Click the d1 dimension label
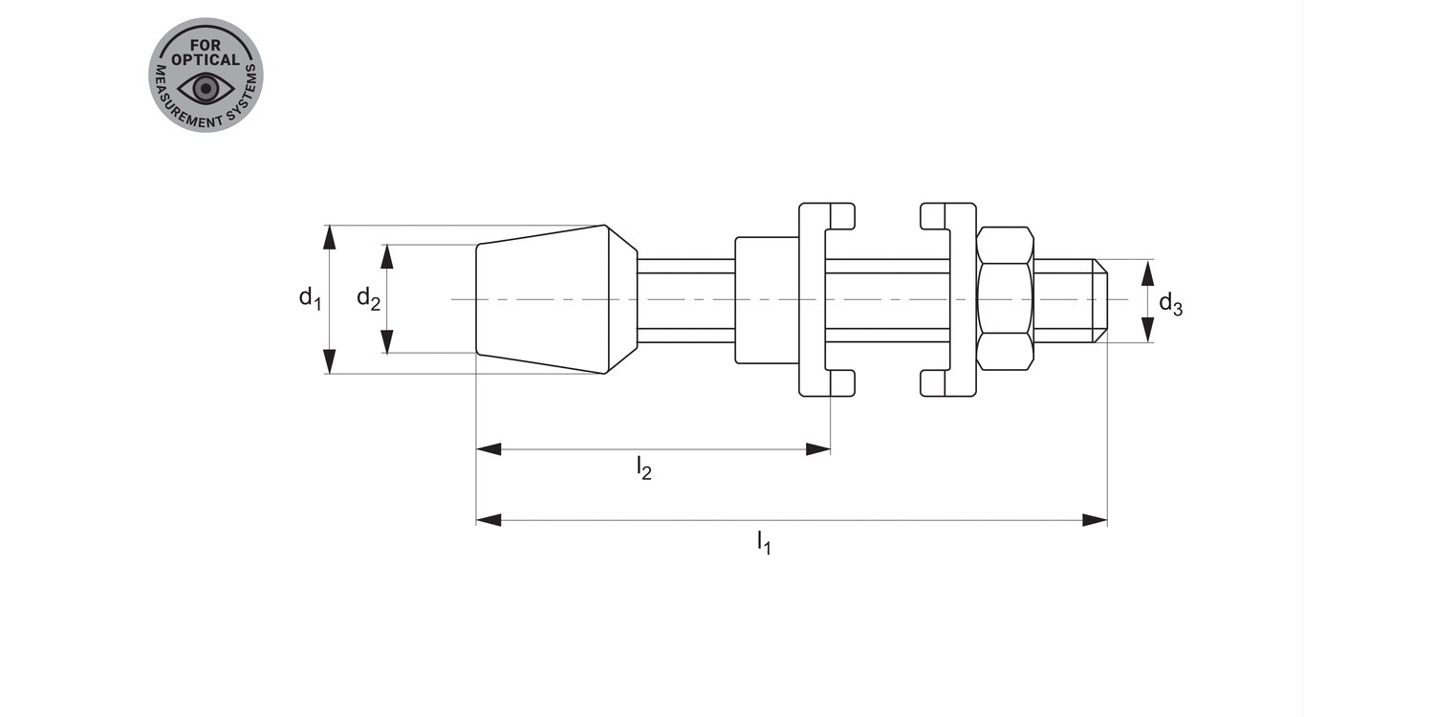pos(311,298)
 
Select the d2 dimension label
pos(368,298)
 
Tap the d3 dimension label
pos(1171,303)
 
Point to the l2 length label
pos(644,468)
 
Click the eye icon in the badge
pos(206,88)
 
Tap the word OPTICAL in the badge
pos(206,59)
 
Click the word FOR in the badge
pos(206,46)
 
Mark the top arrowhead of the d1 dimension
pos(329,237)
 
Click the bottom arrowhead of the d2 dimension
pos(386,341)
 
